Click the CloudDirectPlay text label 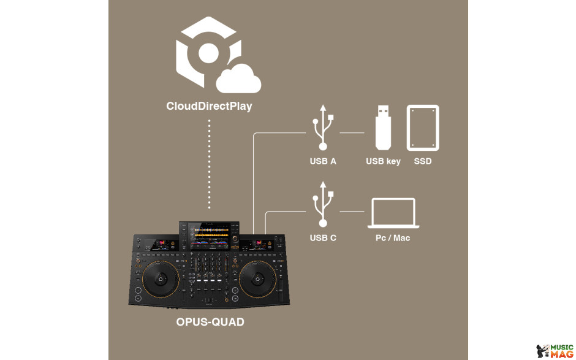pos(209,106)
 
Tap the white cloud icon pos(238,79)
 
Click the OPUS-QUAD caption pos(210,322)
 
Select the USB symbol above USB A pos(323,127)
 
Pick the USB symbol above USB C pos(323,204)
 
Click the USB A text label pos(323,161)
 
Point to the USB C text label pos(323,238)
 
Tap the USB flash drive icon pos(383,128)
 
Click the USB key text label pos(383,161)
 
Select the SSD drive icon pos(423,128)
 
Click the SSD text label pos(423,161)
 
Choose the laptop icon pos(393,213)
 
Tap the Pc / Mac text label pos(393,238)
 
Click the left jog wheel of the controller pos(161,279)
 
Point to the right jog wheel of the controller pos(257,279)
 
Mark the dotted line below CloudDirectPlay pos(210,164)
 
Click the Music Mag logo pos(555,351)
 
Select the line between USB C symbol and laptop pos(352,212)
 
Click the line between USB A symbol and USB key pos(352,132)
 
